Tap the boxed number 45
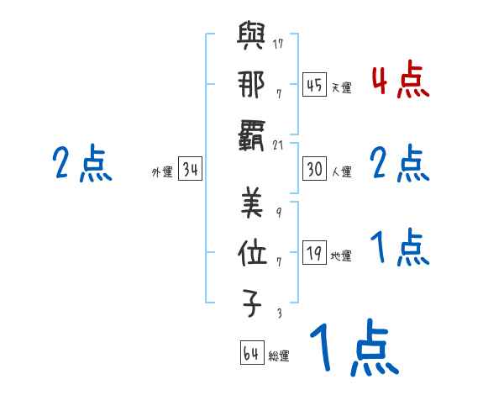tap(314, 85)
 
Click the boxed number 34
tap(191, 171)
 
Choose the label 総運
tap(279, 355)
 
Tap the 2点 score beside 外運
tap(81, 163)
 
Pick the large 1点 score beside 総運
tap(353, 349)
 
